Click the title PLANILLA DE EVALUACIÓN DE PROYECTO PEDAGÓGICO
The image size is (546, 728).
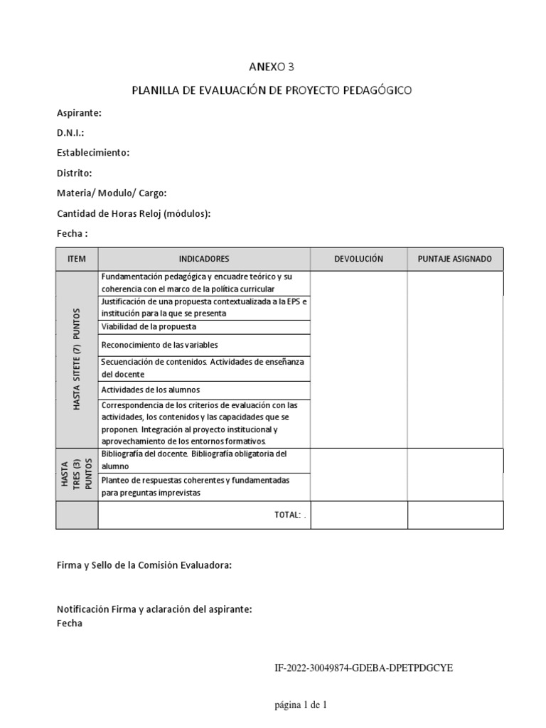pyautogui.click(x=272, y=90)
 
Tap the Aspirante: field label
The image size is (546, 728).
pyautogui.click(x=79, y=113)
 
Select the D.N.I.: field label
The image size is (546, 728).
pyautogui.click(x=70, y=133)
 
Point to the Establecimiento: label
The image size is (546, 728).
pyautogui.click(x=93, y=153)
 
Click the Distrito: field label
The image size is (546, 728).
pyautogui.click(x=75, y=173)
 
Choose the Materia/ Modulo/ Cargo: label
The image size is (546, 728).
pyautogui.click(x=112, y=193)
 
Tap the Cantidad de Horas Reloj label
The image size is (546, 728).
pyautogui.click(x=134, y=213)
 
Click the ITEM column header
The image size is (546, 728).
pyautogui.click(x=76, y=259)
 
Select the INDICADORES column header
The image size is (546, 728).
pyautogui.click(x=204, y=259)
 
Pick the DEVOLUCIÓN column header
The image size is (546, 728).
pyautogui.click(x=358, y=259)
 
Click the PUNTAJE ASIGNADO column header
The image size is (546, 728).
pyautogui.click(x=455, y=259)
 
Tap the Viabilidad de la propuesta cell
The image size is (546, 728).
pyautogui.click(x=149, y=327)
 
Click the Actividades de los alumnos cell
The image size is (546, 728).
pyautogui.click(x=150, y=390)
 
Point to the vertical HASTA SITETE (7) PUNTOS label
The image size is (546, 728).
pyautogui.click(x=77, y=359)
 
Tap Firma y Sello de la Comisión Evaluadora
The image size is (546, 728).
pyautogui.click(x=144, y=566)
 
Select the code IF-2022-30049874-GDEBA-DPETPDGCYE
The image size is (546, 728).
pyautogui.click(x=364, y=668)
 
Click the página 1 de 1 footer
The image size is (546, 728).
pyautogui.click(x=301, y=705)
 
